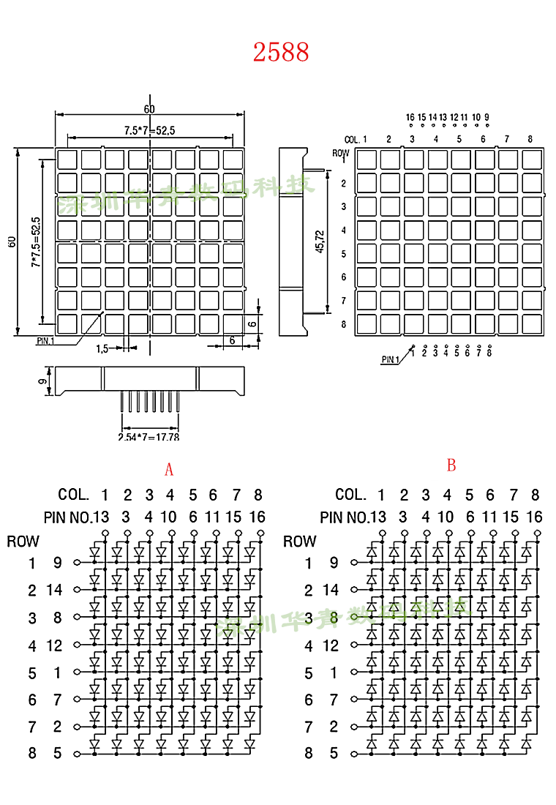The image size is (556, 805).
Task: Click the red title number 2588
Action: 281,52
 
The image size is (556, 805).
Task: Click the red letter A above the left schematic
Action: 169,469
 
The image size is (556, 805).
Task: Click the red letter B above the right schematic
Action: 451,465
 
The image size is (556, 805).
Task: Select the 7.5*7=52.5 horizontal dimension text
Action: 149,130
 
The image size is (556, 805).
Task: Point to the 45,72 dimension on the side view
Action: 319,241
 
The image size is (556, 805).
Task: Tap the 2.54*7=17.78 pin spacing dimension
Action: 149,437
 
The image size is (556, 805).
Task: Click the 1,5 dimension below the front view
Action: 102,349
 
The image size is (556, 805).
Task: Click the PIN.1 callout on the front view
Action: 45,340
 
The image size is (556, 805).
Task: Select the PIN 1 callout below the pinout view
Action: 390,359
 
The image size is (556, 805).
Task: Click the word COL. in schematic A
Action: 73,495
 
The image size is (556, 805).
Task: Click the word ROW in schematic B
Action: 299,542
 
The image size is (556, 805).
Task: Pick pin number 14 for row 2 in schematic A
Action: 55,590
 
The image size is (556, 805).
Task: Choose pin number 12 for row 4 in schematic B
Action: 331,645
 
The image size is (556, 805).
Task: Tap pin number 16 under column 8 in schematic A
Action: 258,517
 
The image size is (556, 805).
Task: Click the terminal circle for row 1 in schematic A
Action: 77,563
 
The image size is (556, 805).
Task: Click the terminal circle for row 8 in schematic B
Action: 354,753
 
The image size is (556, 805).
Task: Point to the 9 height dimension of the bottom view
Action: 43,381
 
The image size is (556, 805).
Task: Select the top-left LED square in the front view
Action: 67,159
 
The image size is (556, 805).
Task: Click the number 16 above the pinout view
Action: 410,117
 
